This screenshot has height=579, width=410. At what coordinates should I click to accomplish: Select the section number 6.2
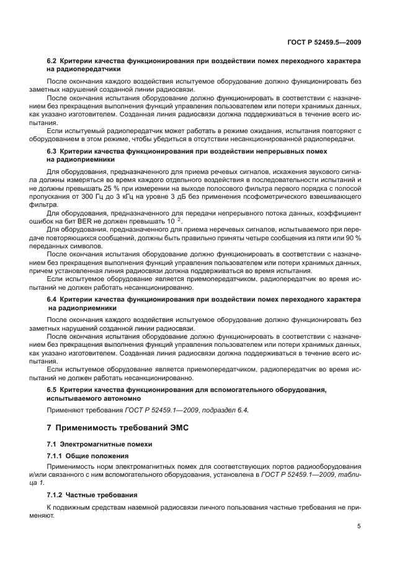click(52, 62)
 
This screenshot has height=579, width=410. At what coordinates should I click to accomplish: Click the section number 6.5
click(52, 390)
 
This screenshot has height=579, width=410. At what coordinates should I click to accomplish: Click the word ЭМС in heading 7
click(176, 429)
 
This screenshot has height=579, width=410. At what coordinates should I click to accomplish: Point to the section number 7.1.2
click(56, 495)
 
